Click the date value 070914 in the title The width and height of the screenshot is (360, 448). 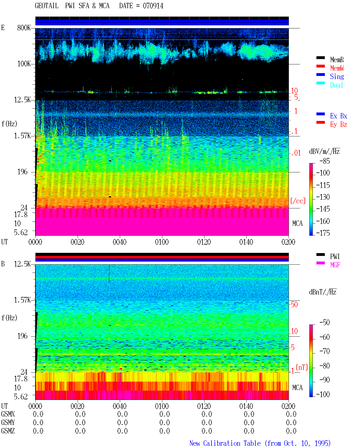[x=153, y=6]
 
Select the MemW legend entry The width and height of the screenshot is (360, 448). [x=337, y=68]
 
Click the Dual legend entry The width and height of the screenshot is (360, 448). [x=336, y=85]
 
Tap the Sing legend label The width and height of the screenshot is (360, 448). [x=337, y=76]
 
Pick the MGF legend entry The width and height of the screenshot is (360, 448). [x=335, y=265]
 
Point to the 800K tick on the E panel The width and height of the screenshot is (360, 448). [x=24, y=28]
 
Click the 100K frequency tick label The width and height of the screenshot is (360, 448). [x=24, y=64]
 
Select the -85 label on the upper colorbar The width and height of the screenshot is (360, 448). [x=325, y=161]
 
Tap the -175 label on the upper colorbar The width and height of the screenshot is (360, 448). [x=323, y=233]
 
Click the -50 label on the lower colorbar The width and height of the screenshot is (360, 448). [x=325, y=323]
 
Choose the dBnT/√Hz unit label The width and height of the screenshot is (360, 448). [x=323, y=292]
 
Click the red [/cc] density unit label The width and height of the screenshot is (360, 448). [x=298, y=201]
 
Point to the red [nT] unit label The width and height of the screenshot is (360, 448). [x=302, y=367]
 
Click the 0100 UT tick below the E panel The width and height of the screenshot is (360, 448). [x=162, y=242]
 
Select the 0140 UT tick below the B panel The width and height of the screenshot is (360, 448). [x=246, y=406]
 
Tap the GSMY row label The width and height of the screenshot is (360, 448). [x=8, y=422]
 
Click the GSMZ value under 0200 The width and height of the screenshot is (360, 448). [x=291, y=431]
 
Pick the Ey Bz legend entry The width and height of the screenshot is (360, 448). [x=338, y=124]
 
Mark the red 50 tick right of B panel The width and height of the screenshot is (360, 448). [x=294, y=304]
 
